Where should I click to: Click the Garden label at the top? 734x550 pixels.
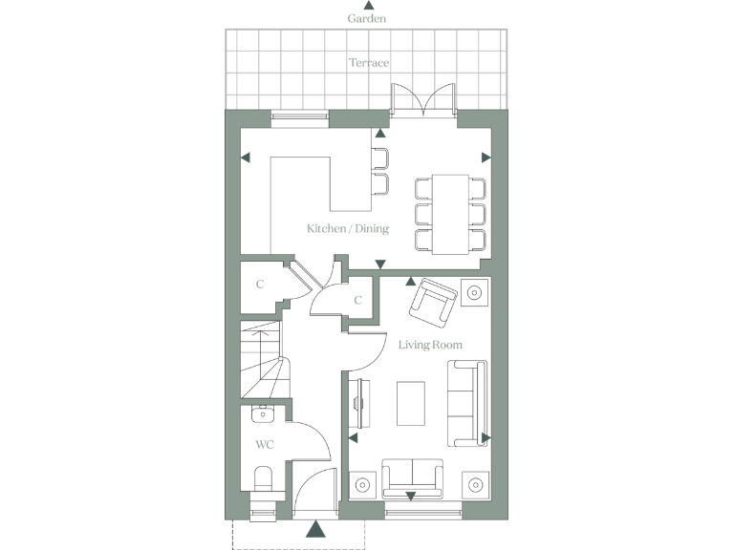[367, 18]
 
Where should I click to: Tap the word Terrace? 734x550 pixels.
[368, 62]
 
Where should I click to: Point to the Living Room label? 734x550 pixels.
[430, 345]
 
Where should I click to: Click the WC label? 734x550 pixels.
[264, 445]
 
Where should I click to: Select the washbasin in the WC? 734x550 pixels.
[261, 414]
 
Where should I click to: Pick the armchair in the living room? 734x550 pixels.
[432, 302]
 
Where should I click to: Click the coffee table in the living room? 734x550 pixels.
[412, 404]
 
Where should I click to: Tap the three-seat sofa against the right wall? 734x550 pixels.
[468, 403]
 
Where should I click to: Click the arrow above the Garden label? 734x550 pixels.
[368, 6]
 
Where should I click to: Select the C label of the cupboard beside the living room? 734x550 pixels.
[357, 301]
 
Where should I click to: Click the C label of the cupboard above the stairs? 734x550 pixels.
[260, 285]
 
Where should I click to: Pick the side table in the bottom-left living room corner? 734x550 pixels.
[363, 485]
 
